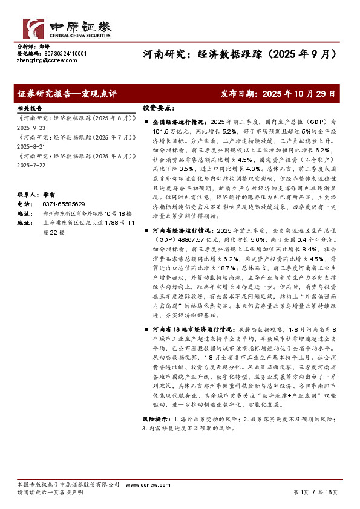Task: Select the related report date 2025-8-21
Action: [30, 145]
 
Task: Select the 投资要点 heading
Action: [158, 107]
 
